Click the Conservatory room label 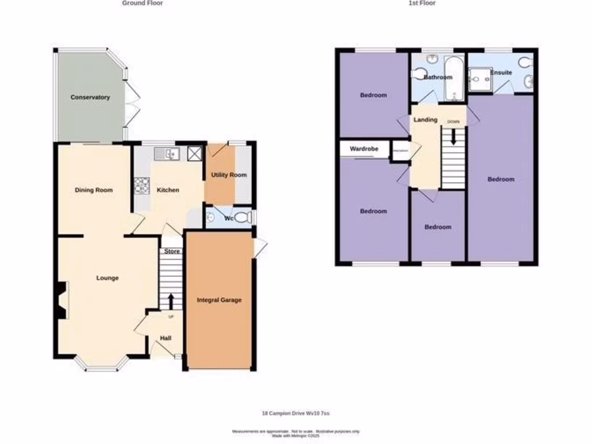[90, 97]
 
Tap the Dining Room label [93, 190]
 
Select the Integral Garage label [219, 300]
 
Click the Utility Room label [228, 175]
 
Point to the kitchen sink [168, 154]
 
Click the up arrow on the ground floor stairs [171, 301]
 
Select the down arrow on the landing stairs [454, 137]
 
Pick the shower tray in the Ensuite [479, 80]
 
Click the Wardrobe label [364, 149]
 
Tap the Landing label [425, 120]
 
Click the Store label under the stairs [172, 251]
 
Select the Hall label [165, 338]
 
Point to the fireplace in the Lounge [62, 300]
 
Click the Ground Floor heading [142, 3]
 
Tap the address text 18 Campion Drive [295, 413]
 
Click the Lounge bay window [102, 365]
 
